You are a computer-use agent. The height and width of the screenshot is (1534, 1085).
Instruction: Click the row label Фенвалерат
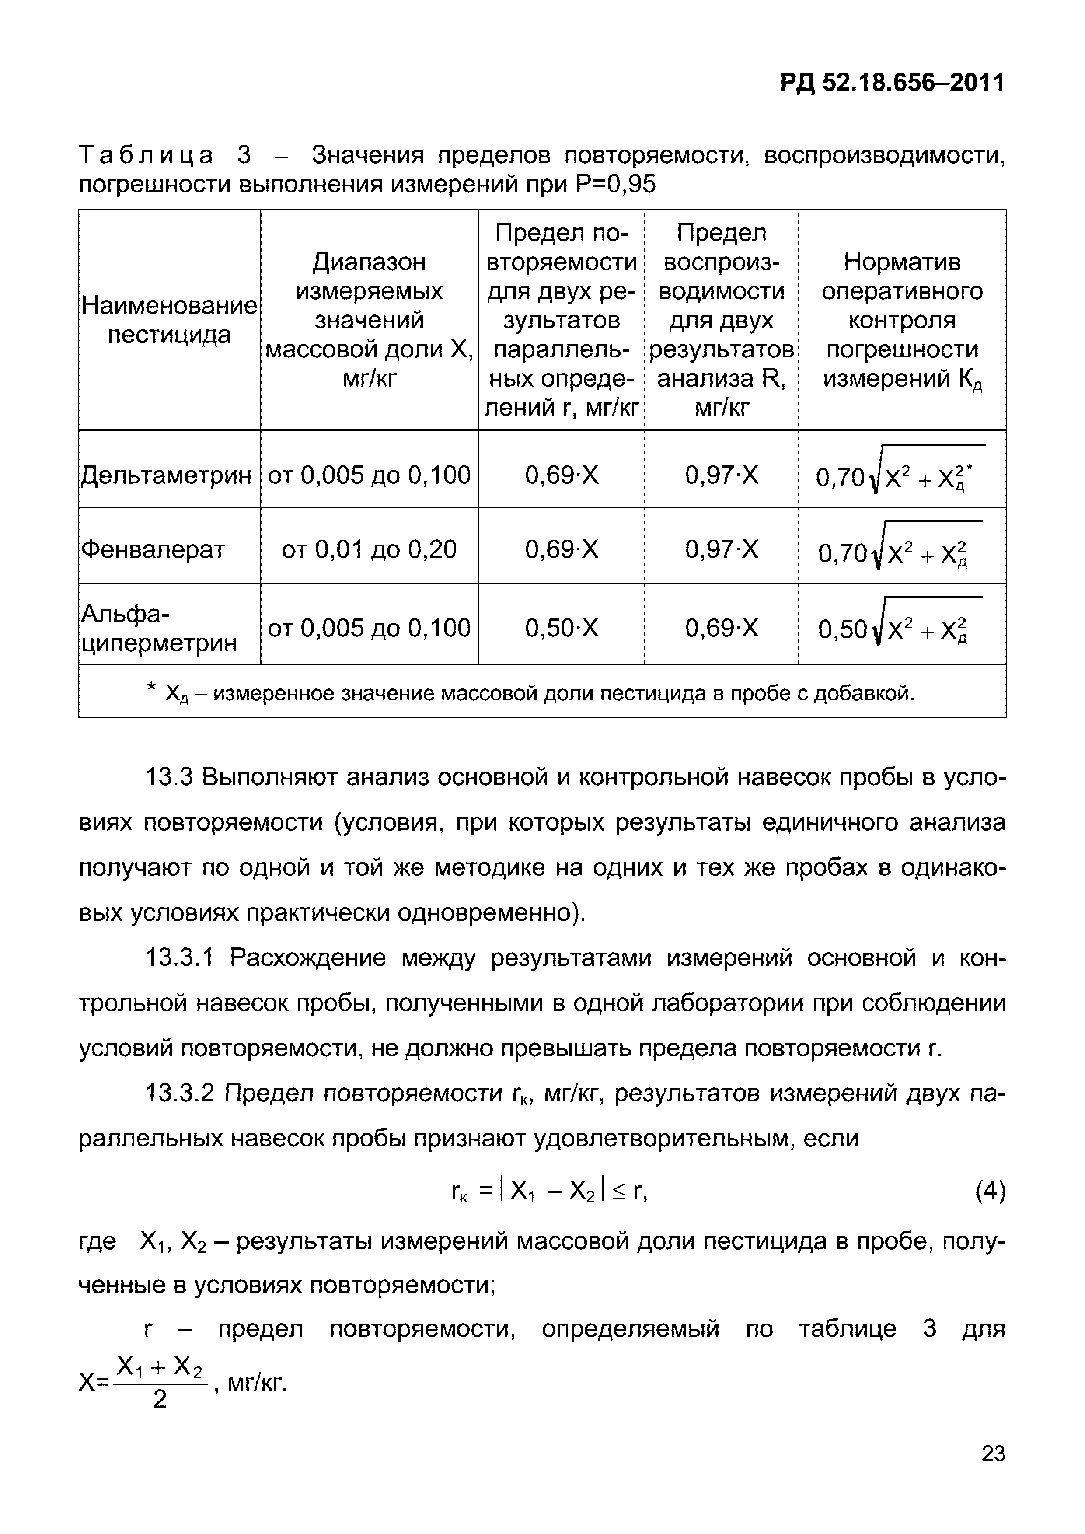coord(153,550)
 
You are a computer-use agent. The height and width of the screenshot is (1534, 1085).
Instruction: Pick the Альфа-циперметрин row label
coord(159,628)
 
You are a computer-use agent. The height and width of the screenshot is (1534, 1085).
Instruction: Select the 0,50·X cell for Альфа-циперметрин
coord(561,628)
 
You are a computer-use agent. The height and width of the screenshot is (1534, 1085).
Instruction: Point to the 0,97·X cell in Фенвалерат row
coord(722,550)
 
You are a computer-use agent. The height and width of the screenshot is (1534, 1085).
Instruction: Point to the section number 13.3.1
coord(179,958)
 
